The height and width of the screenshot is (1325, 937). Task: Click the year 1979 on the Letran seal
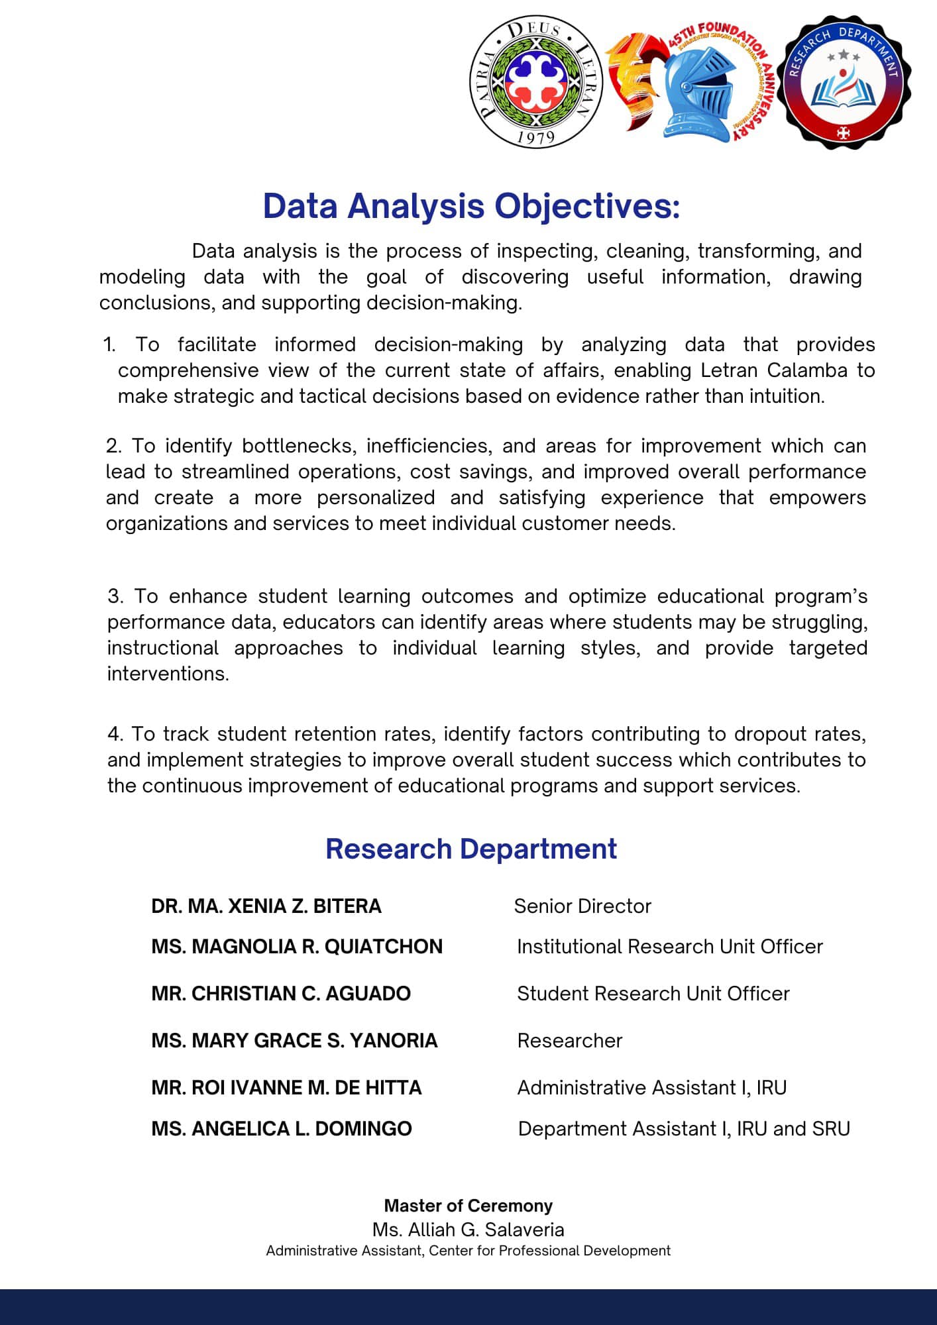pos(535,137)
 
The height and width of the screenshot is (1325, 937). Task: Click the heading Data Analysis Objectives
pos(471,206)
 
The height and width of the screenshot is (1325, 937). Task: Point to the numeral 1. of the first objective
pos(109,344)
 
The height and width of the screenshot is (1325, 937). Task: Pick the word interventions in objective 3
pos(168,674)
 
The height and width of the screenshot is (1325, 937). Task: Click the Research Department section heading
pos(471,849)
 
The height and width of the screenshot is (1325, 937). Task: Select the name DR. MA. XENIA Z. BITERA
pos(266,906)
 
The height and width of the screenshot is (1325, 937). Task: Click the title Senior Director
pos(582,906)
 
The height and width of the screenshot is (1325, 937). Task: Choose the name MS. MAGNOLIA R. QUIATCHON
pos(297,947)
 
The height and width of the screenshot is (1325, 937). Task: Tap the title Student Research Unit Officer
pos(653,994)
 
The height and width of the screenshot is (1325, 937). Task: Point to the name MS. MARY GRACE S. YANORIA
pos(294,1041)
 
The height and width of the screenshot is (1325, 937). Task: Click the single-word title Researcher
pos(570,1041)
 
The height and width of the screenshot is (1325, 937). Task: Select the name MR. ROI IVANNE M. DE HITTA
pos(286,1088)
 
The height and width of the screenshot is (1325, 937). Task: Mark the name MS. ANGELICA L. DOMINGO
pos(282,1129)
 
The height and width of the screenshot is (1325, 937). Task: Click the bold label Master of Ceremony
pos(468,1206)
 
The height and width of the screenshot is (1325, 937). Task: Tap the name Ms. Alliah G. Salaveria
pos(468,1230)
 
